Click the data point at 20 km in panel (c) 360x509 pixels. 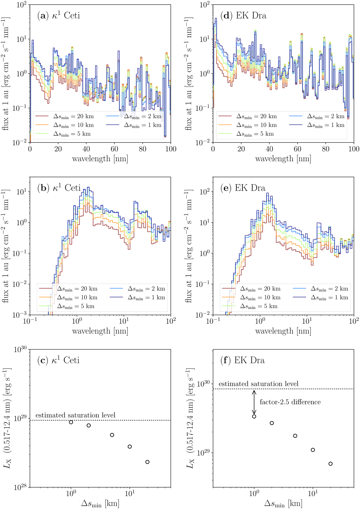pyautogui.click(x=147, y=462)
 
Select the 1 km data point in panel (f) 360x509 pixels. pyautogui.click(x=254, y=416)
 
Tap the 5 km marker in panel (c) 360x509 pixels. pyautogui.click(x=112, y=435)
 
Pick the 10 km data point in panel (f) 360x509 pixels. pyautogui.click(x=313, y=450)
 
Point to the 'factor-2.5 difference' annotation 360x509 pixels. pyautogui.click(x=290, y=402)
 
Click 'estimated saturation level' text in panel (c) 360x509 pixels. pyautogui.click(x=75, y=415)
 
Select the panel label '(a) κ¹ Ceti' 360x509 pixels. pyautogui.click(x=58, y=16)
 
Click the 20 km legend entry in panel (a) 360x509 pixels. pyautogui.click(x=64, y=116)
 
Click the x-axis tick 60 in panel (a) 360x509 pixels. pyautogui.click(x=114, y=149)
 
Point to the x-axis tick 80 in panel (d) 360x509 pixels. pyautogui.click(x=326, y=149)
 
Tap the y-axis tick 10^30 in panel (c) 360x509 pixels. pyautogui.click(x=20, y=349)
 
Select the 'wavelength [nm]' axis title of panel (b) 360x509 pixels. pyautogui.click(x=100, y=331)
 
